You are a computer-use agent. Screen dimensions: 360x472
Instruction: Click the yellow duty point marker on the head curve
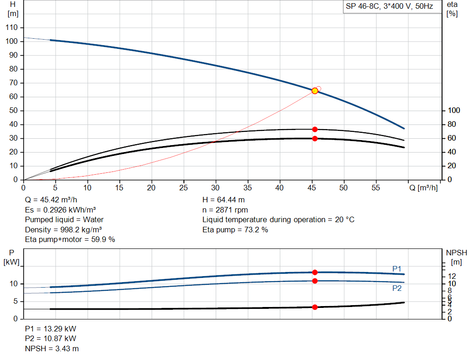315,91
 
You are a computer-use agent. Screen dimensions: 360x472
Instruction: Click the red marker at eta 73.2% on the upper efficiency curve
315,130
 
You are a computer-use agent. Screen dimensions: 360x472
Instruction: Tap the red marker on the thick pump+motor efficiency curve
315,139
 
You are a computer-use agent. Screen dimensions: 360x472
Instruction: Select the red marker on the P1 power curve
315,272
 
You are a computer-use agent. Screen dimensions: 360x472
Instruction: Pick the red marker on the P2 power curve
315,281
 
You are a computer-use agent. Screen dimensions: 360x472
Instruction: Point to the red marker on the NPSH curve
315,307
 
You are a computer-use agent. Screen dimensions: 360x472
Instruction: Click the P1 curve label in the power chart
397,269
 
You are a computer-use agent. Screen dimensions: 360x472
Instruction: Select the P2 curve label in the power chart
397,288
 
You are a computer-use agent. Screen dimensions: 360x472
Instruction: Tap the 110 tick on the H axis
12,28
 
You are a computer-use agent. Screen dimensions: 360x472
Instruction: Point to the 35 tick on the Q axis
248,188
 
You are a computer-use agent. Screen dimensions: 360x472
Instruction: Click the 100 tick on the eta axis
454,111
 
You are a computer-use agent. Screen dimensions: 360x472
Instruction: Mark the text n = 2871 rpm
225,210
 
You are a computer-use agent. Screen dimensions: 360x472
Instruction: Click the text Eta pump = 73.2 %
235,230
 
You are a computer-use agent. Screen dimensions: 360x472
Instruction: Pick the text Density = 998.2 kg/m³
64,230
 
